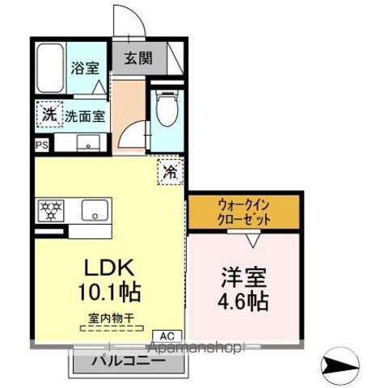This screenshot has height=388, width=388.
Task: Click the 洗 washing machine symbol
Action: (48, 115)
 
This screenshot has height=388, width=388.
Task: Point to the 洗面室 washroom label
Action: (85, 116)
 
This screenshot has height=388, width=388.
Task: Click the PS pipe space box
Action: (41, 145)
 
